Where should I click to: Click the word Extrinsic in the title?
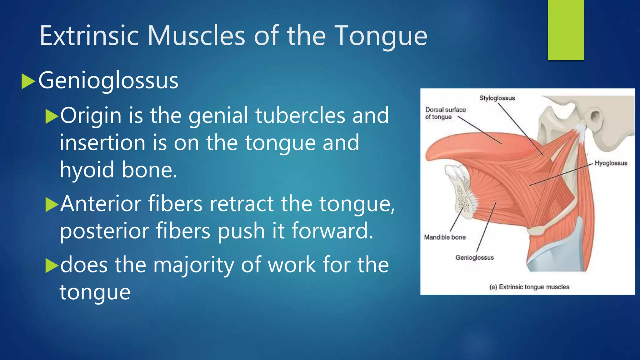[89, 36]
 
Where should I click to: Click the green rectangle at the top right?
[566, 30]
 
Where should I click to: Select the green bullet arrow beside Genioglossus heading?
[28, 82]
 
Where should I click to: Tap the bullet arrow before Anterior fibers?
[52, 205]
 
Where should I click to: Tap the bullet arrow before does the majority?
[52, 266]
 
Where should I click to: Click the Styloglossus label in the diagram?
[497, 98]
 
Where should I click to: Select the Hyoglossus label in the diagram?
[611, 163]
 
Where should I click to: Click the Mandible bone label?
[444, 237]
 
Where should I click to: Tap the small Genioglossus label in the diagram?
[474, 258]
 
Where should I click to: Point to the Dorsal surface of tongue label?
[445, 113]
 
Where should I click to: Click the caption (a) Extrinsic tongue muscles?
[529, 287]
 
